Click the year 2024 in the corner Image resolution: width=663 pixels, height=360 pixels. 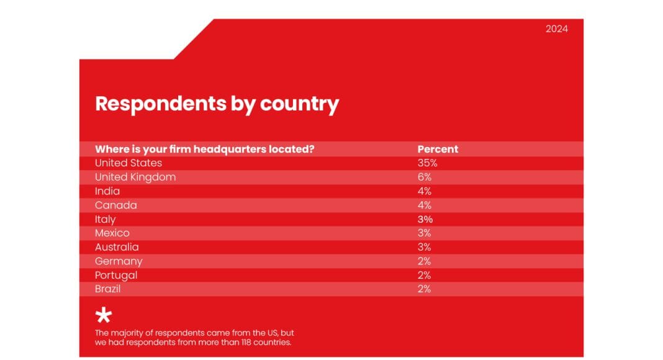[556, 29]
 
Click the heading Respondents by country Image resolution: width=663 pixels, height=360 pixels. [217, 103]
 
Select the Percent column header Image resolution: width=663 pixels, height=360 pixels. [438, 149]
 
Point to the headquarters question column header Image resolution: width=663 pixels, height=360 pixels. [204, 149]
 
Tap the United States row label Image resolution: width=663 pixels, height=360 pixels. [129, 163]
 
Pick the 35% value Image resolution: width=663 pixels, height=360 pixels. [428, 163]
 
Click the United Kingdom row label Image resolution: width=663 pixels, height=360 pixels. [135, 177]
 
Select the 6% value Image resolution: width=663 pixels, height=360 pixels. [425, 177]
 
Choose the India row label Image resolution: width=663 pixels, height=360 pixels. [107, 191]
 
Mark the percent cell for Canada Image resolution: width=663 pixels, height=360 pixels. [425, 205]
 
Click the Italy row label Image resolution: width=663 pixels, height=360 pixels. [106, 219]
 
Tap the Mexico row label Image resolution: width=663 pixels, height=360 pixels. [112, 233]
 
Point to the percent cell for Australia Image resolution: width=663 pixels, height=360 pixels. [425, 247]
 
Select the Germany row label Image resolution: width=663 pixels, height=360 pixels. [119, 261]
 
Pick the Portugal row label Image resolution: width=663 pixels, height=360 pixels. [116, 275]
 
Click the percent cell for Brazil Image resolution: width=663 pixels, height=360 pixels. [425, 289]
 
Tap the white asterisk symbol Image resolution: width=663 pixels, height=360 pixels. [104, 315]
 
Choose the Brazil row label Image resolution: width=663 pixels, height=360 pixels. [107, 289]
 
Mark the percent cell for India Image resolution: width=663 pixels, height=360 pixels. [425, 191]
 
